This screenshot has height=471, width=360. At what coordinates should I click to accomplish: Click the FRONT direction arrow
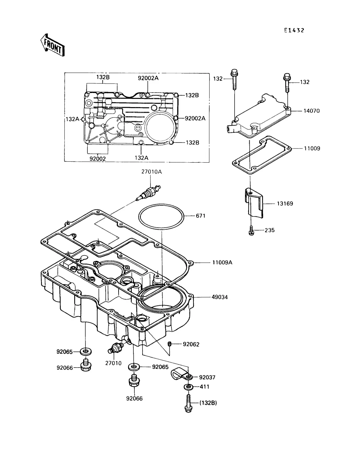point(53,45)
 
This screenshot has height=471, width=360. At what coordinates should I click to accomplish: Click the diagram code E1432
point(294,31)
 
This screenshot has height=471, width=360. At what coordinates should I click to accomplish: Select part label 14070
point(311,111)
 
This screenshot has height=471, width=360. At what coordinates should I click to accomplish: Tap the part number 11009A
point(222,262)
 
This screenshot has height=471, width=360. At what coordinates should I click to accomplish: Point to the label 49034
point(220,297)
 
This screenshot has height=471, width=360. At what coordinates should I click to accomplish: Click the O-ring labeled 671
point(161,216)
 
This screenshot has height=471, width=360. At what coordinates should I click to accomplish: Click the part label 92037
point(207,377)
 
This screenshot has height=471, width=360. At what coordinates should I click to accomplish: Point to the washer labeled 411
point(188,387)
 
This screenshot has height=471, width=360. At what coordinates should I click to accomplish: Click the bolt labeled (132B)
point(188,404)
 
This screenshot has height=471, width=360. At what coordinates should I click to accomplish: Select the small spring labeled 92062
point(169,344)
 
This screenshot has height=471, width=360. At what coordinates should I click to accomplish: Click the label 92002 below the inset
point(98,159)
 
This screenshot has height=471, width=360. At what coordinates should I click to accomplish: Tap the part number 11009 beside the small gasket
point(312,148)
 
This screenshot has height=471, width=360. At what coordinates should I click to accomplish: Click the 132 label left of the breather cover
point(218,79)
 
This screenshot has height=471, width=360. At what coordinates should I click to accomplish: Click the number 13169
point(285,204)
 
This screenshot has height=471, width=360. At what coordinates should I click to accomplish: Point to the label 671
point(201,216)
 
